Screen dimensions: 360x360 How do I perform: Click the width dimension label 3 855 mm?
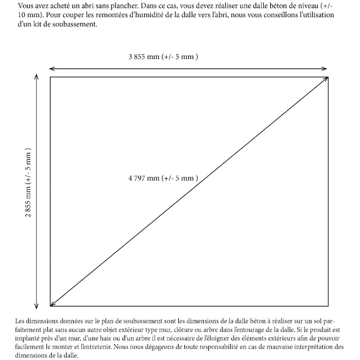click(163, 57)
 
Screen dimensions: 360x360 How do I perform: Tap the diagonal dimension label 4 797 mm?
click(163, 178)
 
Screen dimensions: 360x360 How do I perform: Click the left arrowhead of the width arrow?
click(50, 68)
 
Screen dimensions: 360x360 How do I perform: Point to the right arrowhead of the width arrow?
click(326, 68)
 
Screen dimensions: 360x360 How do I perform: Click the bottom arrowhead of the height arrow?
click(36, 305)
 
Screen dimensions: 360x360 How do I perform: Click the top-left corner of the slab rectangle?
click(50, 77)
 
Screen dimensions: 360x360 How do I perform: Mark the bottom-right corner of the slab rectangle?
click(328, 306)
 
